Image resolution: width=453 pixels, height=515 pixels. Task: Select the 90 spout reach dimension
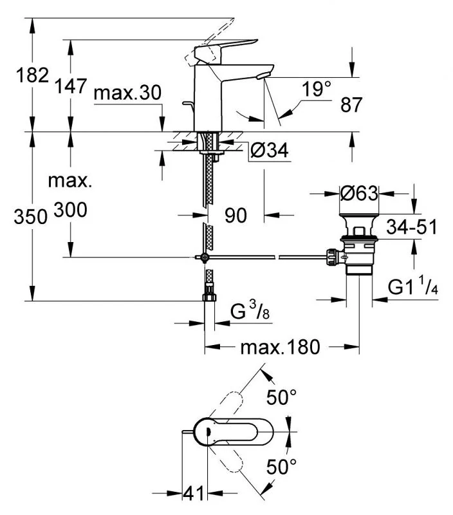pyautogui.click(x=236, y=216)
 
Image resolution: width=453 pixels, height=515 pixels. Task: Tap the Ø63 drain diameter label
pyautogui.click(x=358, y=193)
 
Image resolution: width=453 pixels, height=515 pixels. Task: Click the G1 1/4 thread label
pyautogui.click(x=414, y=287)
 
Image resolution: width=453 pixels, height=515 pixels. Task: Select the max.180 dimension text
pyautogui.click(x=280, y=348)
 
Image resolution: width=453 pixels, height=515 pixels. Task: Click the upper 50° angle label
pyautogui.click(x=282, y=398)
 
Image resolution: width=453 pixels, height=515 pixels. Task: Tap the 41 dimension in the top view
pyautogui.click(x=193, y=494)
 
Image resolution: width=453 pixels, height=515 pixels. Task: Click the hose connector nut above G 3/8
pyautogui.click(x=208, y=297)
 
